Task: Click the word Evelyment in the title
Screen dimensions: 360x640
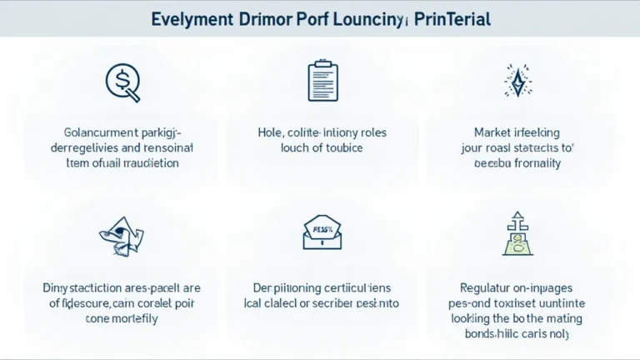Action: (197, 18)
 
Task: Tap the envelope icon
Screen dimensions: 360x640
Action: (320, 232)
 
